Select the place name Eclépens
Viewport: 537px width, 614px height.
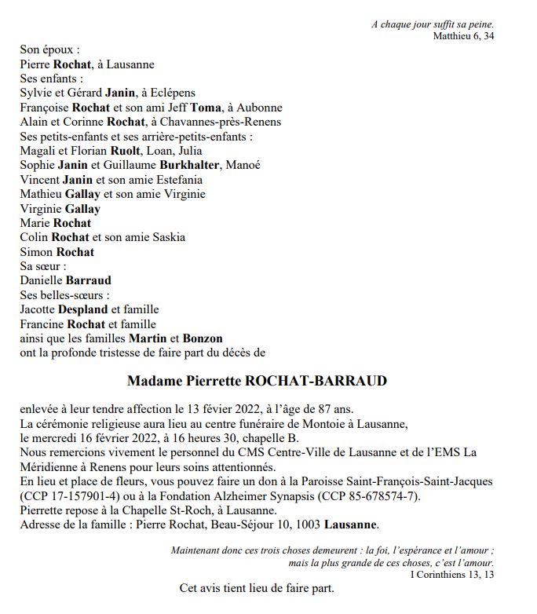[171, 93]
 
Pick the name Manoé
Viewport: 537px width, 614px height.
[265, 165]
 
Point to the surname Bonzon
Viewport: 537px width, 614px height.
[203, 338]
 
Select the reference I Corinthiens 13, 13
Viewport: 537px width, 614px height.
[453, 574]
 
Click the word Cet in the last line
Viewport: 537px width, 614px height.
[188, 589]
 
